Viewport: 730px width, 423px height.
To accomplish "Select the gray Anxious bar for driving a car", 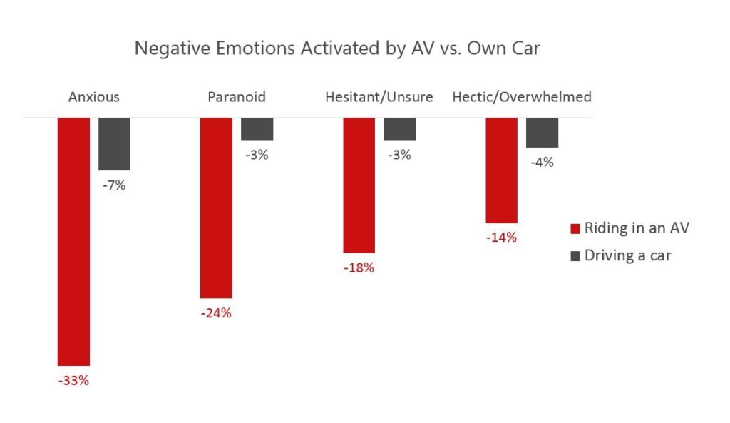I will coord(114,143).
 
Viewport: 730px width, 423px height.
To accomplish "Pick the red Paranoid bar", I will coord(216,207).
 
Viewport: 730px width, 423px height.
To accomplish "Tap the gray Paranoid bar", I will coord(257,128).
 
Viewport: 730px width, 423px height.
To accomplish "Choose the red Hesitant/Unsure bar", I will coord(359,185).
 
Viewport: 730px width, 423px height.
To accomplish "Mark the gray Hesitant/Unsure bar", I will coord(399,128).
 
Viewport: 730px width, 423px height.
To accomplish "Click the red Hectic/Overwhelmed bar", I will coord(502,170).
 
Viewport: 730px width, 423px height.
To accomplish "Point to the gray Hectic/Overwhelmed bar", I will coord(542,132).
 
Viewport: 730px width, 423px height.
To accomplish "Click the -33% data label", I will coord(74,381).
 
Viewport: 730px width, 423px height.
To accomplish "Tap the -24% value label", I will coord(216,312).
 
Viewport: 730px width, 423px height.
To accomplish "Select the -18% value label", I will coord(359,268).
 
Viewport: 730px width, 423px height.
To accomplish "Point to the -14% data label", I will coord(502,238).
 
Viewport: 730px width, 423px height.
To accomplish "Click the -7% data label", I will coord(114,186).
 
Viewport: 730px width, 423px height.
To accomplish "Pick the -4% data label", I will coord(542,163).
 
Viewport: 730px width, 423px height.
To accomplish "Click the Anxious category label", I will coord(93,96).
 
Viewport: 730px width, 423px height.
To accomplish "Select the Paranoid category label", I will coord(236,96).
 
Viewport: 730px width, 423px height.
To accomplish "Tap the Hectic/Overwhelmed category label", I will coord(522,96).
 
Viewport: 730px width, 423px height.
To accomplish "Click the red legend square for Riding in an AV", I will coord(575,229).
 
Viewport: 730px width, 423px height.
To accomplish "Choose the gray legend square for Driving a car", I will coord(575,255).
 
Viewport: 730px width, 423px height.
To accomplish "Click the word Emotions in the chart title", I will coord(264,49).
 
